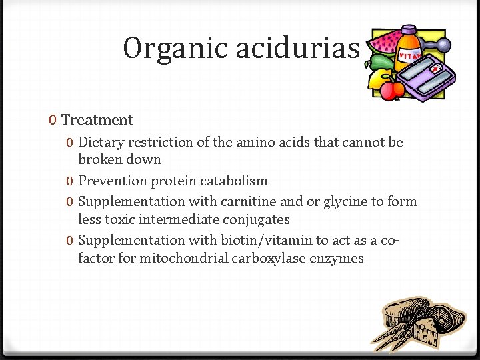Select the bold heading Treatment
pos(97,120)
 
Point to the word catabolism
pos(236,181)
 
